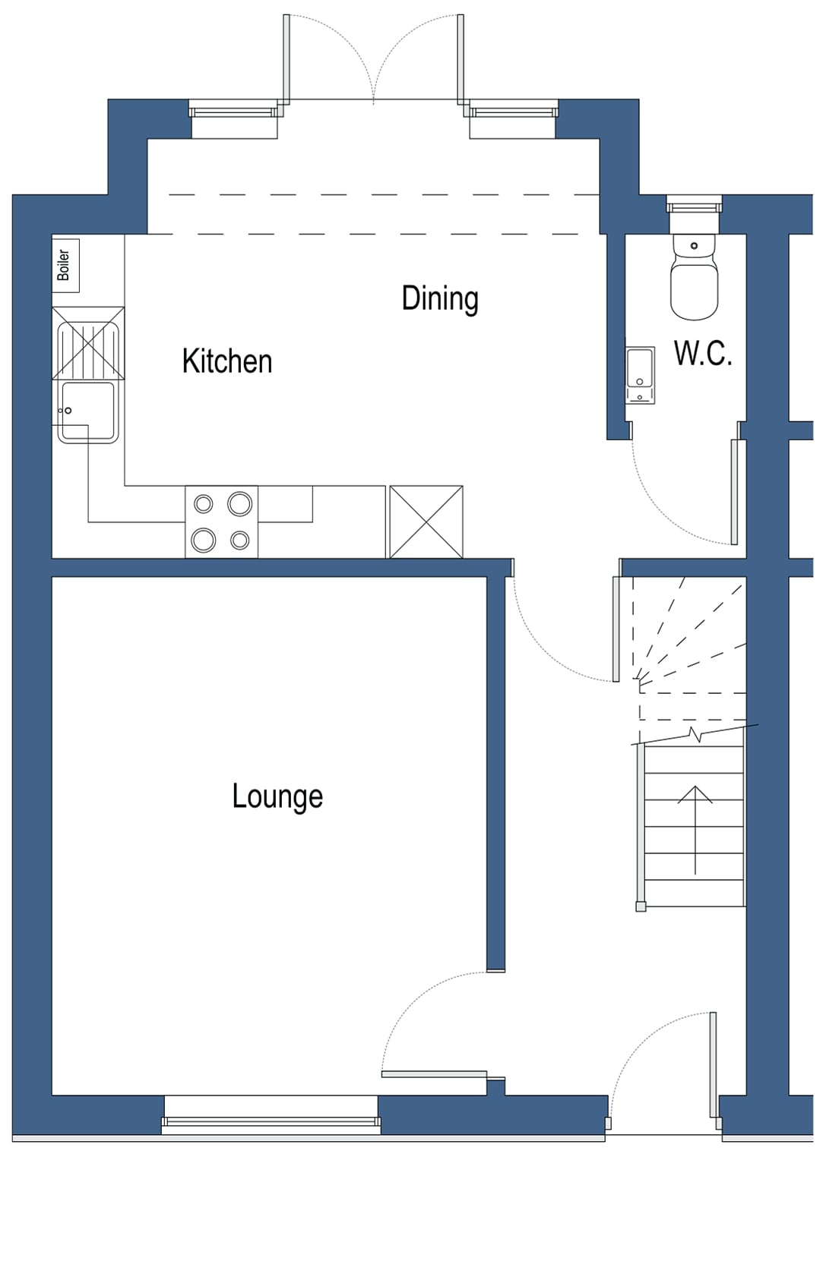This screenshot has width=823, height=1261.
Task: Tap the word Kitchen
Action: point(226,361)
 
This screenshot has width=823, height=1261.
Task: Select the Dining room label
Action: point(440,298)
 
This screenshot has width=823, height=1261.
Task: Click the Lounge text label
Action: point(277,796)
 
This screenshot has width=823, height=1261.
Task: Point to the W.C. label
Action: point(703,354)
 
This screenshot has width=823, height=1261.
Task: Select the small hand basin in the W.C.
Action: point(640,375)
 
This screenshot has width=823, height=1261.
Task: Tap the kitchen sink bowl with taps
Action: point(87,411)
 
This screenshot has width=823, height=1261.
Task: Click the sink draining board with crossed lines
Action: point(88,343)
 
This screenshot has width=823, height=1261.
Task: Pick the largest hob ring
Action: point(240,503)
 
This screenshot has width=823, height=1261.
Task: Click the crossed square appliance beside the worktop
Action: point(426,522)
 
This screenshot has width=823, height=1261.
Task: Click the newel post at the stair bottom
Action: point(641,905)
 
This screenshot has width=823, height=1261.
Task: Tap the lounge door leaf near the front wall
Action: point(434,1073)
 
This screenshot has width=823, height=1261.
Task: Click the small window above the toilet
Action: point(694,205)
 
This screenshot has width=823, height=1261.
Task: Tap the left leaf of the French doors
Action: point(286,58)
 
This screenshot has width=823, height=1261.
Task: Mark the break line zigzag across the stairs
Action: point(695,734)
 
